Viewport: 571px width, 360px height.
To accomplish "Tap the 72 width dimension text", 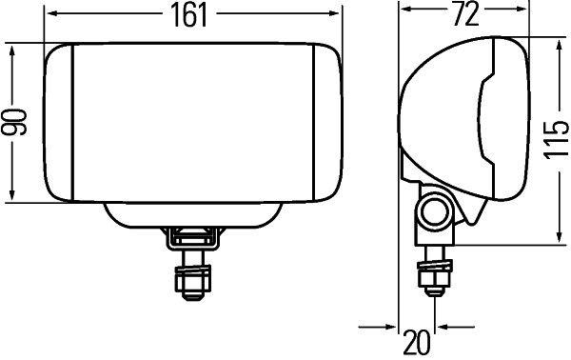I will point(463,13).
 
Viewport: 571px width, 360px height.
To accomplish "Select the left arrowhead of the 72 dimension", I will point(403,14).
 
